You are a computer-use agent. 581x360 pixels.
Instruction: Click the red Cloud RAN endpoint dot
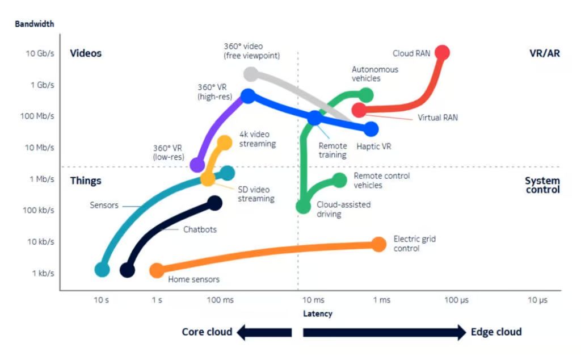[442, 53]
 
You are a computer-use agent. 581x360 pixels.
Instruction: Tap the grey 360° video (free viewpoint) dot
[251, 73]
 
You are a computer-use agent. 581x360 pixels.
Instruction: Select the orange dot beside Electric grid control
[379, 244]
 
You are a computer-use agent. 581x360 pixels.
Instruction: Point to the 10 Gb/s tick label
[40, 54]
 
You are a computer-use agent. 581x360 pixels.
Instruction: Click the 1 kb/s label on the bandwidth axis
[43, 273]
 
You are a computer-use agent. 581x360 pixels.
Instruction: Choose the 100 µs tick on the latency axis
[456, 300]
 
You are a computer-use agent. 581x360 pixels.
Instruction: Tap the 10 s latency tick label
[102, 300]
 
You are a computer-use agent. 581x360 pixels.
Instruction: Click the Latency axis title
[318, 314]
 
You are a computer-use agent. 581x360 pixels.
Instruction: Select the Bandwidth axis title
[35, 24]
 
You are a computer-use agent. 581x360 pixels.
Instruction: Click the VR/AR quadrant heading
[544, 53]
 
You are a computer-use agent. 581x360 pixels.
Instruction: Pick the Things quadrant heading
[85, 181]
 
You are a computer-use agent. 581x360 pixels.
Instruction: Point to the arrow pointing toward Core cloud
[264, 332]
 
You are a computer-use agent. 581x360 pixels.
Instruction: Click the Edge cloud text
[496, 332]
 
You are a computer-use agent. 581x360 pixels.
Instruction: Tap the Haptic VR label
[373, 146]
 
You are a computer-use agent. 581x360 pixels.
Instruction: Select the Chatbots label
[200, 230]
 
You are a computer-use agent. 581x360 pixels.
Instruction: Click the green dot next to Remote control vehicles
[339, 181]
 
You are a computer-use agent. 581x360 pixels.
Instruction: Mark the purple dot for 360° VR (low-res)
[197, 165]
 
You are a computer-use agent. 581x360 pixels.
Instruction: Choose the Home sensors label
[193, 279]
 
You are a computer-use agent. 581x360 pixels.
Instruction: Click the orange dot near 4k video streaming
[225, 142]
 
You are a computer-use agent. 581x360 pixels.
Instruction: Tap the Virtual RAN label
[437, 118]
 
